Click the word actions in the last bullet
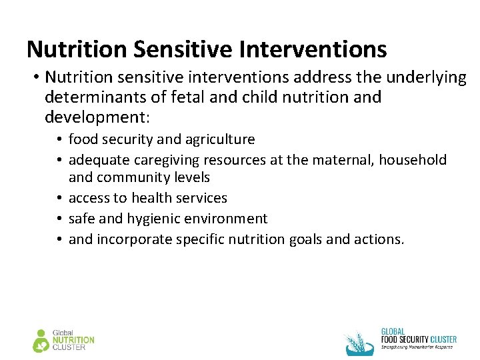pyautogui.click(x=381, y=239)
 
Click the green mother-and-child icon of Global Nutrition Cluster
pyautogui.click(x=41, y=341)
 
